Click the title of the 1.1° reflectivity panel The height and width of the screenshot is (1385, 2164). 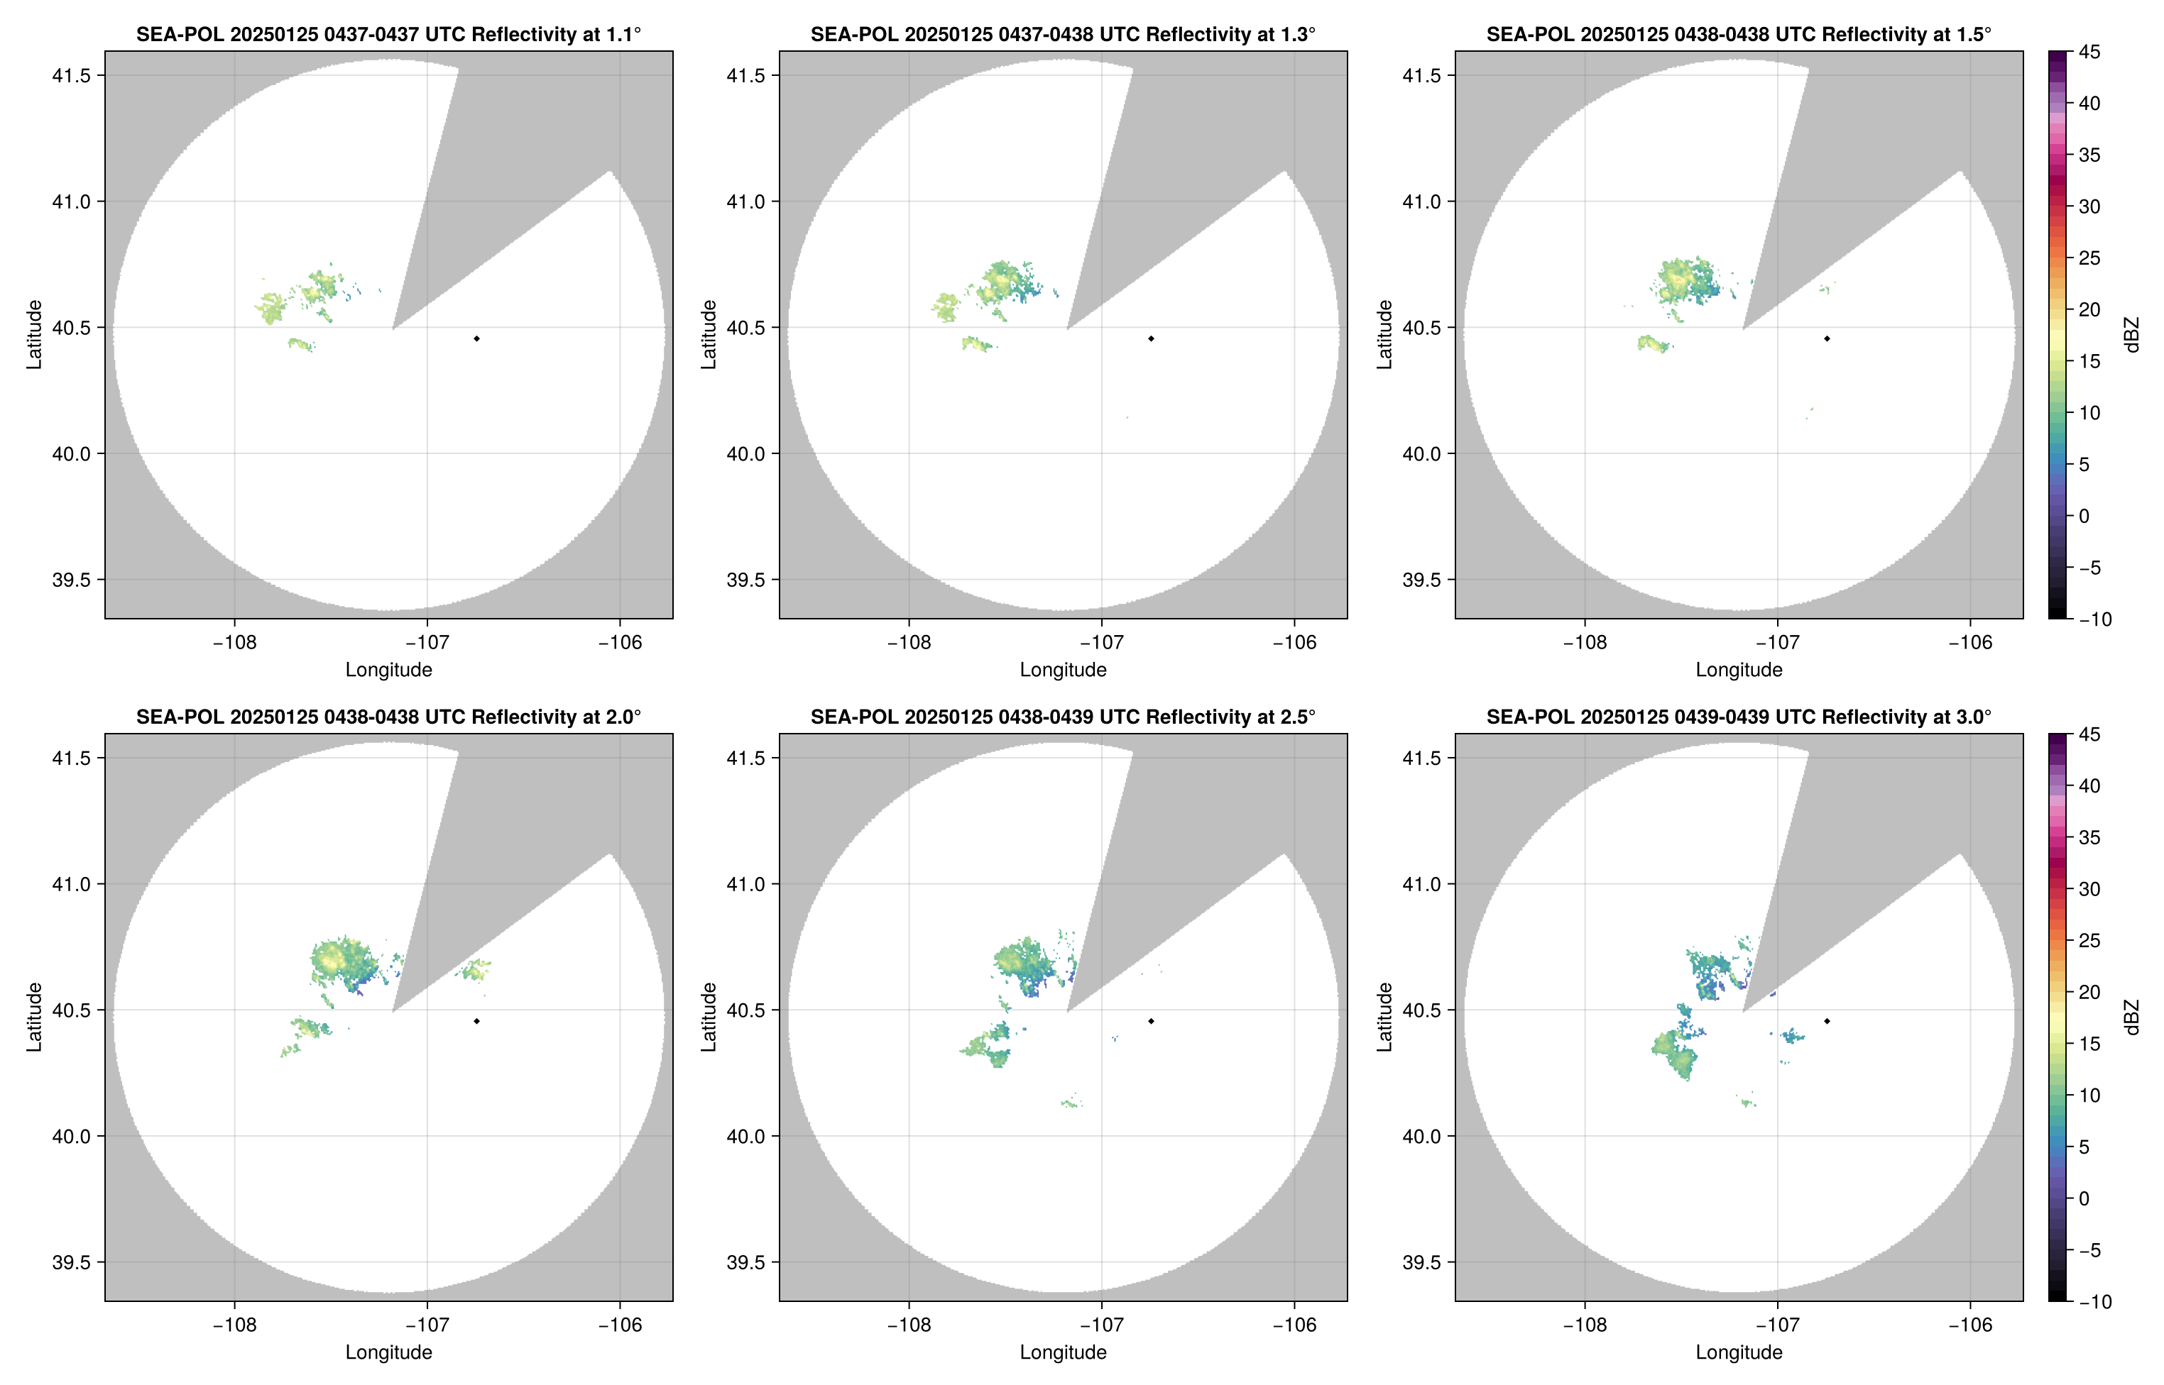point(388,34)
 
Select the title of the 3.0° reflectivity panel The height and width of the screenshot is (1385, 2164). point(1739,717)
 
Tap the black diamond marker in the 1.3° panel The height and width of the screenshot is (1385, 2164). point(1151,338)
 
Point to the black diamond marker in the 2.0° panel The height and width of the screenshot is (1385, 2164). point(476,1021)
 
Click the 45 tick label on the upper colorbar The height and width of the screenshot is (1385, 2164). point(2089,53)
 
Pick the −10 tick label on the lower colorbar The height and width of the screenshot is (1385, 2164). point(2094,1301)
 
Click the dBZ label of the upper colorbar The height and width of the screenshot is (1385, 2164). point(2131,335)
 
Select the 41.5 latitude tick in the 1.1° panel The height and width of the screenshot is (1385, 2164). point(71,75)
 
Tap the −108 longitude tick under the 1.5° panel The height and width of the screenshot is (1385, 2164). point(1585,642)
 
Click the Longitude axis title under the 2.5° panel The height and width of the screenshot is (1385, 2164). point(1063,1352)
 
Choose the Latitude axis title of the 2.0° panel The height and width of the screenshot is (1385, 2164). point(34,1016)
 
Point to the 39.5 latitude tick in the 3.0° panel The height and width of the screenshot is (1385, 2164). point(1421,1262)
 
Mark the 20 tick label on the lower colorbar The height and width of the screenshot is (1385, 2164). point(2089,992)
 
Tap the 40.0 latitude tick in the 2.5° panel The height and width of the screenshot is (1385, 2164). point(746,1136)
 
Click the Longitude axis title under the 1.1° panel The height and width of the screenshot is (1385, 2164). point(388,669)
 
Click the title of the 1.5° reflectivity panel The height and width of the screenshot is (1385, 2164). point(1739,34)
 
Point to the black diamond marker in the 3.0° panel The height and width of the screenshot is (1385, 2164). point(1827,1021)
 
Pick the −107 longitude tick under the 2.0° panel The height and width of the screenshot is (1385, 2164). point(427,1325)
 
